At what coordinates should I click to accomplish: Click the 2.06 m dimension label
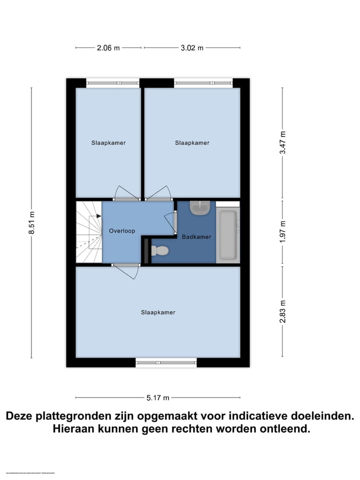click(108, 48)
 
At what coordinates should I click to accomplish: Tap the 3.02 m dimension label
click(192, 48)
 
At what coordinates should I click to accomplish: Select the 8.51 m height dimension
click(32, 222)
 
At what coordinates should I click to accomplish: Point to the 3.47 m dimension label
click(283, 143)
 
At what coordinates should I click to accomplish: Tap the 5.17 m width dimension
click(158, 398)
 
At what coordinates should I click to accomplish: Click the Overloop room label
click(122, 231)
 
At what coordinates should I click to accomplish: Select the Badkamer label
click(196, 237)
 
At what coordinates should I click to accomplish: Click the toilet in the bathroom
click(160, 249)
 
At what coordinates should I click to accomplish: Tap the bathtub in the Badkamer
click(228, 235)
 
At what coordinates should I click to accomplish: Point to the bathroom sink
click(200, 208)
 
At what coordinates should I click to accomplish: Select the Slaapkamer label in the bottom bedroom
click(158, 312)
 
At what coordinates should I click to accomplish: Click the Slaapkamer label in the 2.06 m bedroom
click(108, 143)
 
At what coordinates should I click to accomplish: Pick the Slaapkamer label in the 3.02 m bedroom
click(192, 143)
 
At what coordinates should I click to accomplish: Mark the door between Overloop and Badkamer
click(173, 222)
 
